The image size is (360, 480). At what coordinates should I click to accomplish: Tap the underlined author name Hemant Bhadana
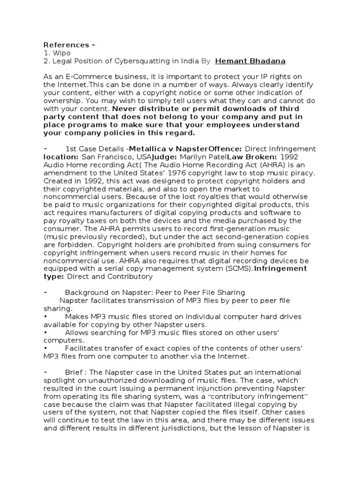pyautogui.click(x=250, y=61)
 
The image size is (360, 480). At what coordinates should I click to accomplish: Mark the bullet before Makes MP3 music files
pyautogui.click(x=45, y=316)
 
